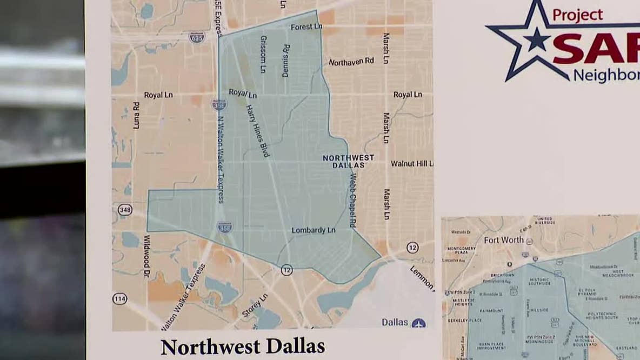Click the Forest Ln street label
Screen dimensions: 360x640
click(x=306, y=27)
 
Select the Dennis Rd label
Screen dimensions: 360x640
click(x=286, y=61)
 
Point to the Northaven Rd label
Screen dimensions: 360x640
click(x=351, y=62)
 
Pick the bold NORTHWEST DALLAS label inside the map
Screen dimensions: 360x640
click(x=348, y=161)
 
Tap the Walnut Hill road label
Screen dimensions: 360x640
click(x=412, y=163)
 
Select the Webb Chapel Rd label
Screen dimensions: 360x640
click(x=352, y=199)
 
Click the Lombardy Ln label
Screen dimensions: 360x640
click(x=314, y=230)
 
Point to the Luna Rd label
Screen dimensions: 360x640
click(x=136, y=115)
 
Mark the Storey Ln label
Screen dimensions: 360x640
click(x=255, y=305)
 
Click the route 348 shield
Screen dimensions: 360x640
click(x=125, y=210)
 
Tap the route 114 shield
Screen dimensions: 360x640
click(x=119, y=298)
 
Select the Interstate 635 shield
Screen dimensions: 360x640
click(x=197, y=37)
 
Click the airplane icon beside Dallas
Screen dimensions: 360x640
click(x=418, y=323)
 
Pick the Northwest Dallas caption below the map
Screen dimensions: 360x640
click(x=243, y=346)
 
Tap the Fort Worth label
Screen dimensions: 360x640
click(x=504, y=240)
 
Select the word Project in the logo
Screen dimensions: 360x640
click(x=577, y=15)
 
